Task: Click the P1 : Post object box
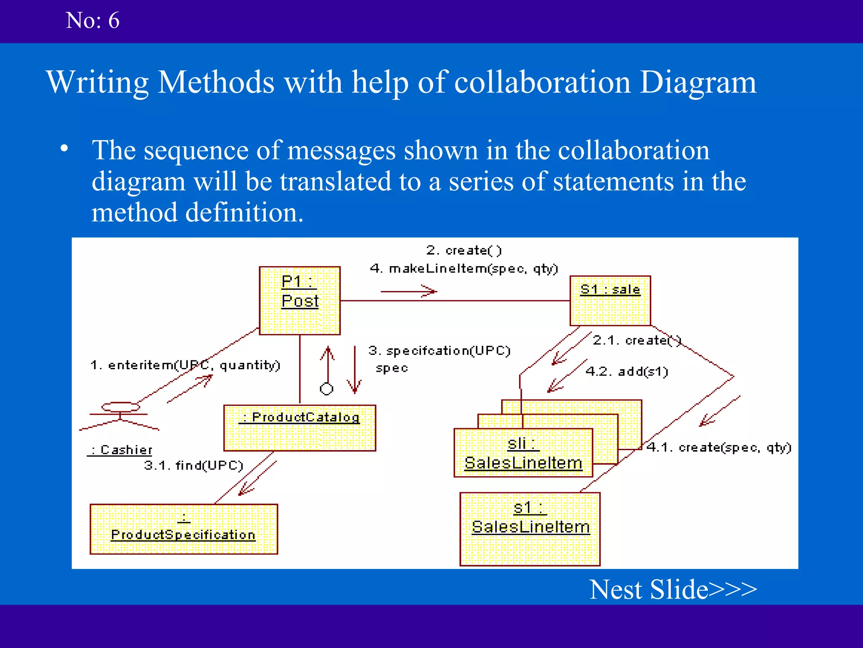(300, 300)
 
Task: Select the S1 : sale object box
(610, 300)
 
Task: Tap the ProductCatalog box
(300, 428)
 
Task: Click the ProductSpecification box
(184, 529)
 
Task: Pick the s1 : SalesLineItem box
(530, 529)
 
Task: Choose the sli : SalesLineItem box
(523, 453)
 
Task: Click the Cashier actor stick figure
(120, 416)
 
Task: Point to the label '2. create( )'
(464, 250)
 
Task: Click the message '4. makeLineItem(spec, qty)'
(464, 269)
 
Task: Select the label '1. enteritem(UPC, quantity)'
(185, 365)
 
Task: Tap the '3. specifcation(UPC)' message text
(439, 351)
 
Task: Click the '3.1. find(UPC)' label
(193, 465)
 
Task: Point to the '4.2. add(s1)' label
(627, 372)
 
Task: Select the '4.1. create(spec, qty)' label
(719, 447)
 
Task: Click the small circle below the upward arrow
(327, 389)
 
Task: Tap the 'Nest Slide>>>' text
(673, 589)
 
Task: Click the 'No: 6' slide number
(93, 20)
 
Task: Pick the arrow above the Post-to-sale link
(409, 291)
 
